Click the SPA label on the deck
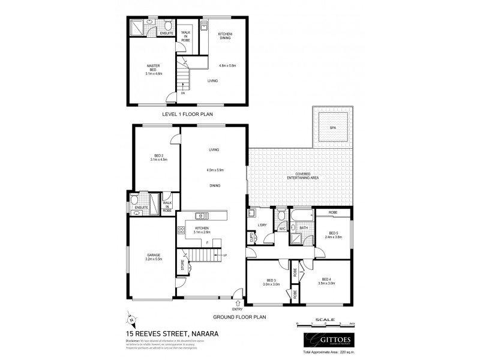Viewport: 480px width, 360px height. pos(332,128)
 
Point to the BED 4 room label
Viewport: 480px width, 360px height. pos(326,279)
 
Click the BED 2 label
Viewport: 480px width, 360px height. pos(158,156)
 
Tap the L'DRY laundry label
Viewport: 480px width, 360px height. pos(262,226)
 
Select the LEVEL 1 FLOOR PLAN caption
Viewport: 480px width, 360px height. pos(188,113)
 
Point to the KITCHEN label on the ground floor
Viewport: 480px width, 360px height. pos(201,228)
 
